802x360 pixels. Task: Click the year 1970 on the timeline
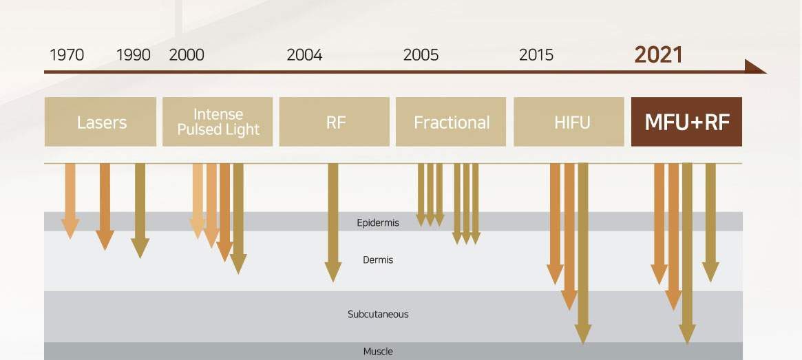67,55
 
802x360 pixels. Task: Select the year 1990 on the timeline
134,55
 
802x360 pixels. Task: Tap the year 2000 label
187,55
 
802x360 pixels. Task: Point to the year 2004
304,55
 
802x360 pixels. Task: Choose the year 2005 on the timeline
421,55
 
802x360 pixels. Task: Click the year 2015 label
536,55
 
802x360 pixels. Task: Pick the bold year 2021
658,54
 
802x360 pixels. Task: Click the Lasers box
102,122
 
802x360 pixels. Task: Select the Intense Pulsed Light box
218,122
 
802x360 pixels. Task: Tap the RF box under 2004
335,122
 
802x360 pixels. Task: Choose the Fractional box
451,122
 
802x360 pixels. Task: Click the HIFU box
569,122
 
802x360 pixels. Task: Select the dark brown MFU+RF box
686,122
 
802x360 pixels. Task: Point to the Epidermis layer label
378,222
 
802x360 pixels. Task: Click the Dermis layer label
378,260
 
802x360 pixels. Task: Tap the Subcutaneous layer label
378,315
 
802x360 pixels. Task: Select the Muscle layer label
378,352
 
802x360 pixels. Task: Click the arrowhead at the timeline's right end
755,67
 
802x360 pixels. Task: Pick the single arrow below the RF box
333,220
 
